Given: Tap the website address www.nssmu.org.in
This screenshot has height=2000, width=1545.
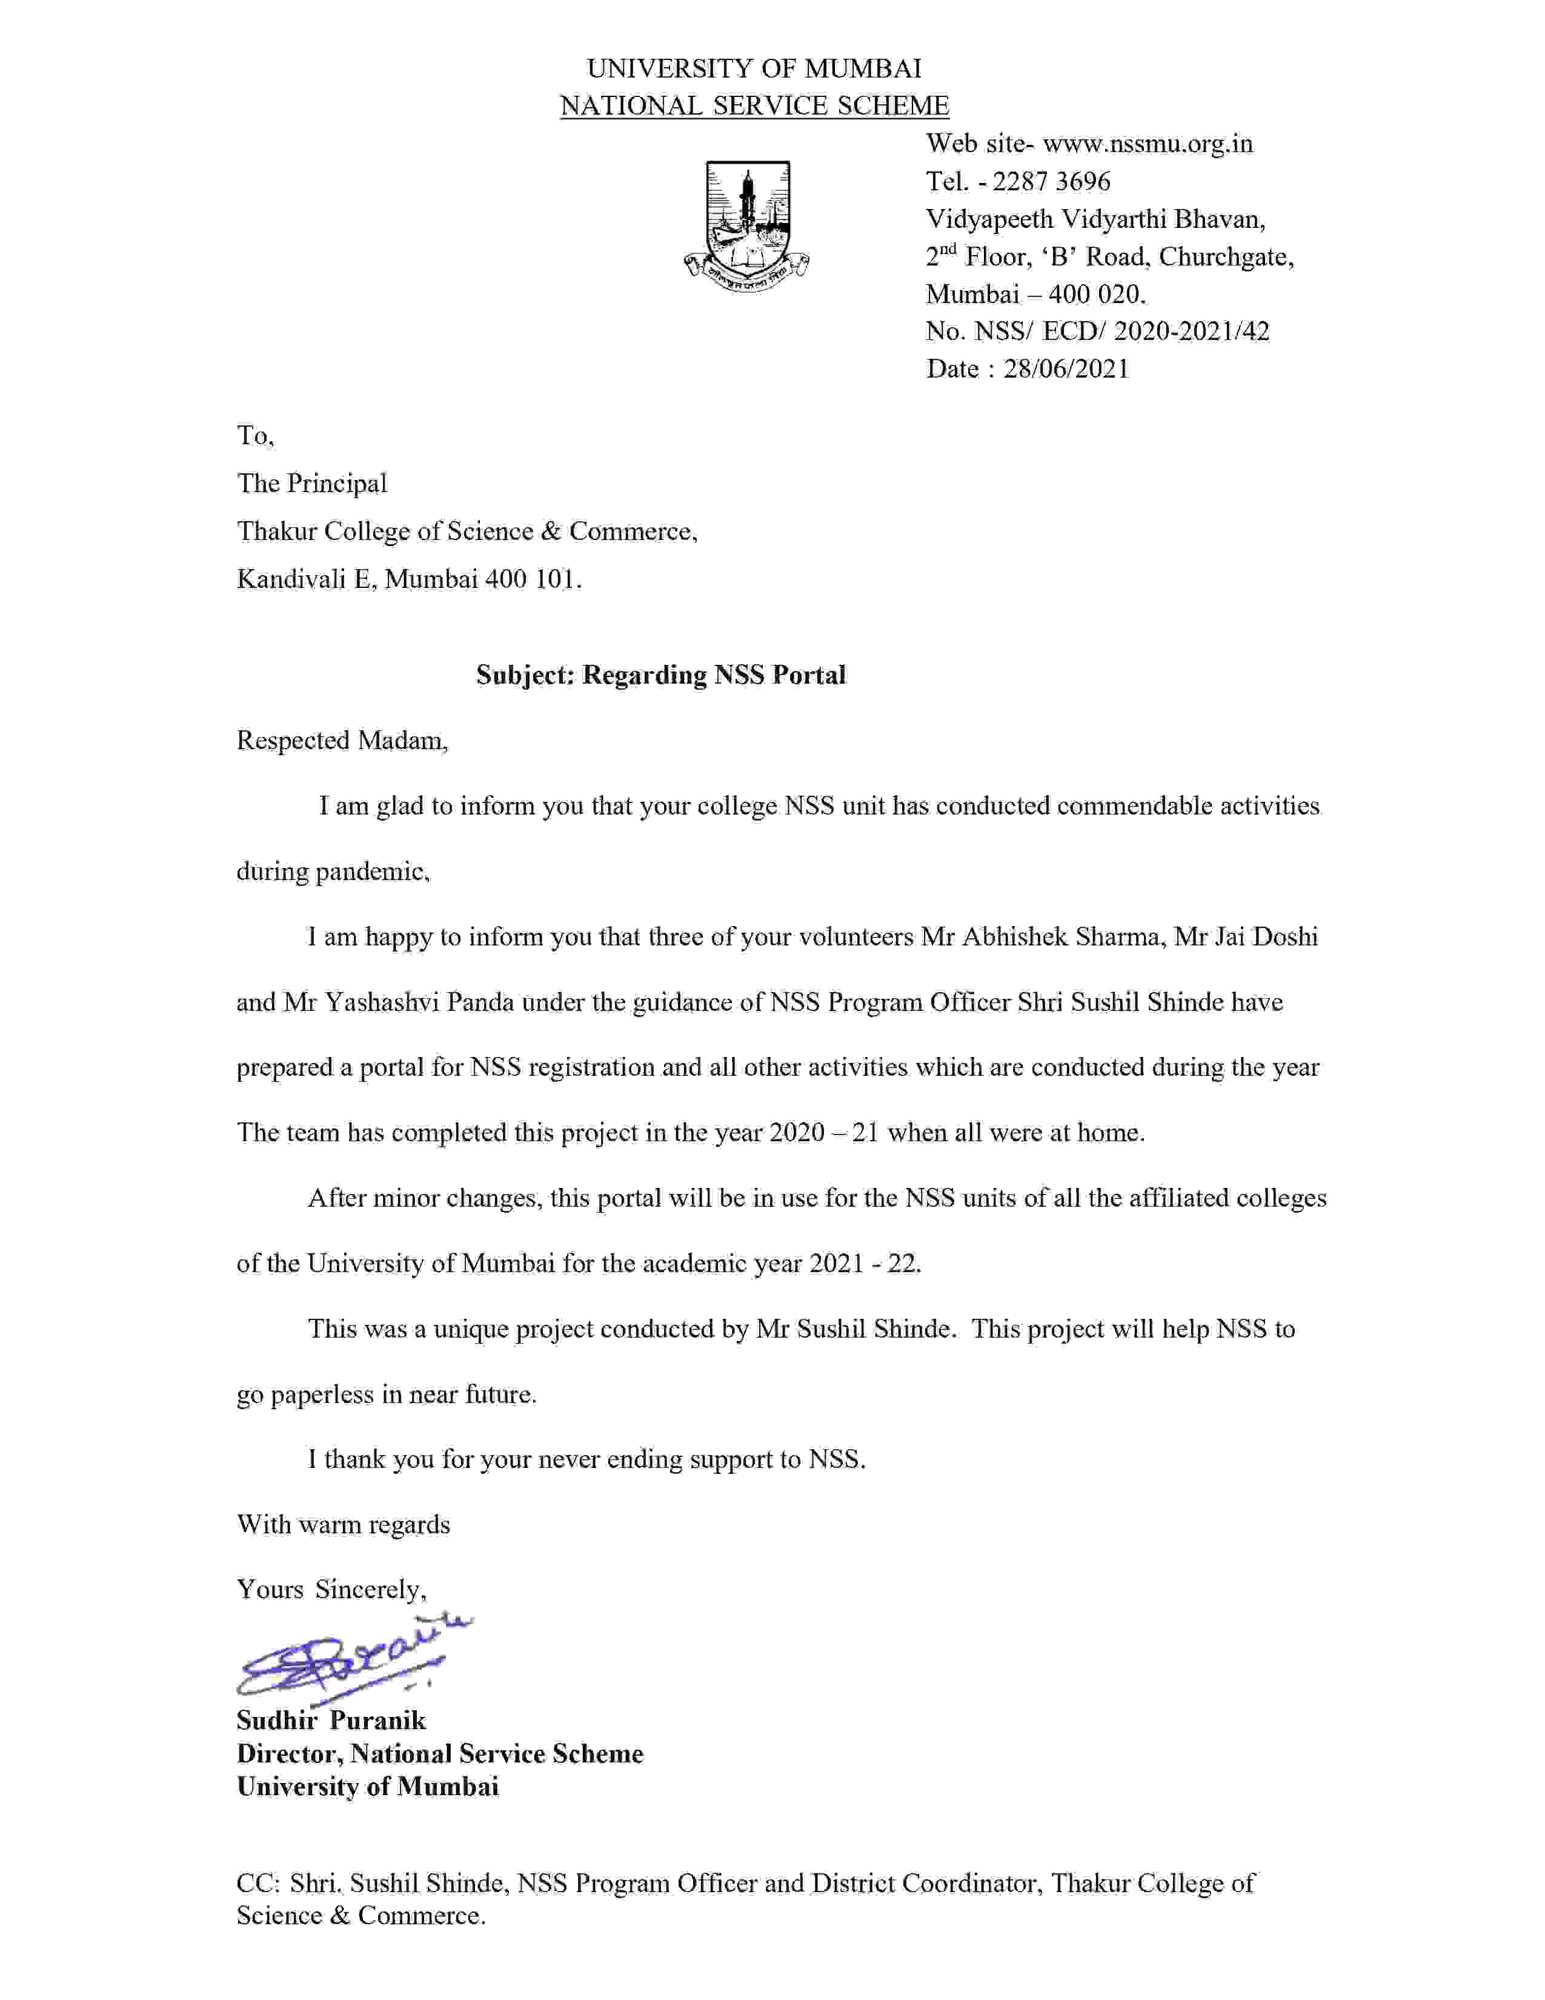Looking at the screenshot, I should (1148, 144).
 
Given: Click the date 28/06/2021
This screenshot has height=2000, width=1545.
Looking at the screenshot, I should (1066, 369).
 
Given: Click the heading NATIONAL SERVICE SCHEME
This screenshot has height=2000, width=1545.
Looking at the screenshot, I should (754, 106).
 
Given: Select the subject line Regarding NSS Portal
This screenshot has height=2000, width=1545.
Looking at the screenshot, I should (714, 675).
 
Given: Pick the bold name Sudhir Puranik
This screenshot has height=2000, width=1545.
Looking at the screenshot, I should (331, 1720).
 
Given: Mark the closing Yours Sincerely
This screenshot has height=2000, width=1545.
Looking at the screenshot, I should (331, 1589).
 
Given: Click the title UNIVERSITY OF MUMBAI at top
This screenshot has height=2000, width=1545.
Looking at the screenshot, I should (754, 68).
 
